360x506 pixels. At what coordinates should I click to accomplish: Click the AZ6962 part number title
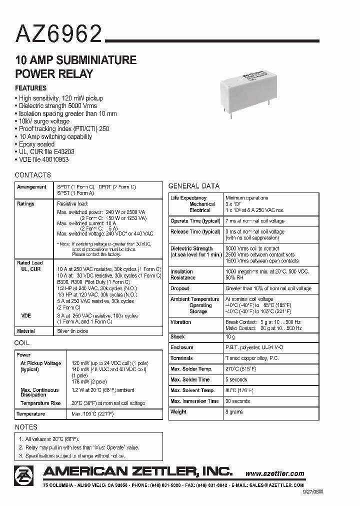[x=59, y=34]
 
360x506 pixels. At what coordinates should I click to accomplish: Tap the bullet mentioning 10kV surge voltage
[x=43, y=121]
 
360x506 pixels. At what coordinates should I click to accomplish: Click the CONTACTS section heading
[x=33, y=175]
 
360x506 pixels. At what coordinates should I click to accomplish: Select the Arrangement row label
[x=31, y=186]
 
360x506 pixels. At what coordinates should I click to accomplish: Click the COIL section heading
[x=22, y=343]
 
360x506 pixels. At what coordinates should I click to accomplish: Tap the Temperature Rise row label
[x=40, y=403]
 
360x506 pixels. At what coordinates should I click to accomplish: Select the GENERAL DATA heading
[x=193, y=186]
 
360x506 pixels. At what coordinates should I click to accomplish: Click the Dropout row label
[x=180, y=288]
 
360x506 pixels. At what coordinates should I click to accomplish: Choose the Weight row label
[x=178, y=412]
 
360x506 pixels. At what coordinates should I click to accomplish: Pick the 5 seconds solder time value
[x=237, y=380]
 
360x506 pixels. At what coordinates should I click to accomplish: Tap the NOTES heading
[x=26, y=427]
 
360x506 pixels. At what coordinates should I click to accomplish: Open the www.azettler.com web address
[x=275, y=473]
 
